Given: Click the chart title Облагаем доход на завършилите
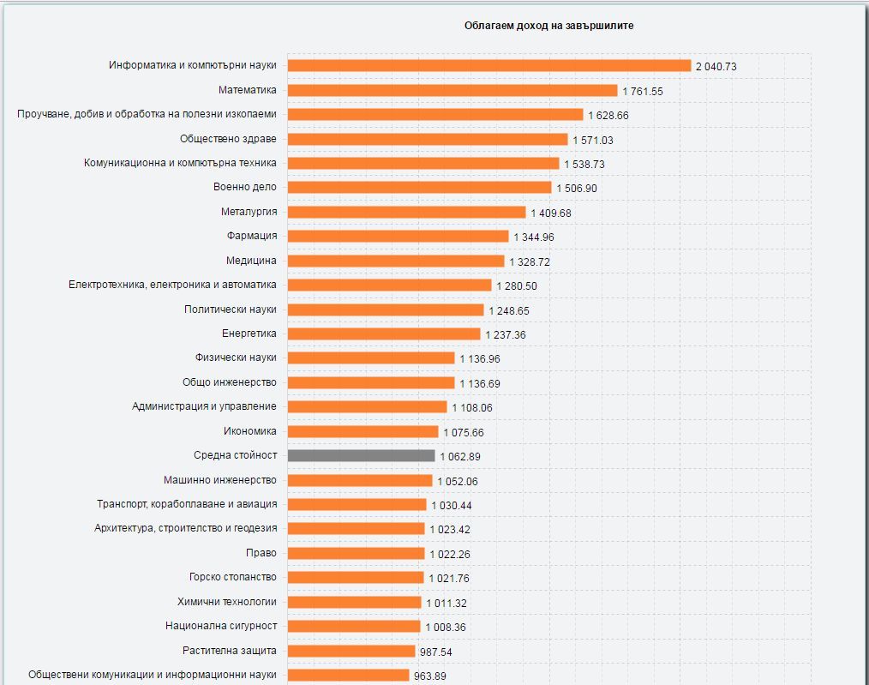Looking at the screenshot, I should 548,26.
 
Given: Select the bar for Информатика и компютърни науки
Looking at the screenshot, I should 489,65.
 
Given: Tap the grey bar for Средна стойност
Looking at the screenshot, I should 362,455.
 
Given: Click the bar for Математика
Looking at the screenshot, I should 452,90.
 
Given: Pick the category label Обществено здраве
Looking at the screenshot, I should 228,138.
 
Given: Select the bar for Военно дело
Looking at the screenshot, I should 420,187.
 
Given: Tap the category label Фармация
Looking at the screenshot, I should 252,236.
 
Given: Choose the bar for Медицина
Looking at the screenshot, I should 396,261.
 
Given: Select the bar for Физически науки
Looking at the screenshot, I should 371,358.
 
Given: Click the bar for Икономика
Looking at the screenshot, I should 363,431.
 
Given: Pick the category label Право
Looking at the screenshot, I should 262,553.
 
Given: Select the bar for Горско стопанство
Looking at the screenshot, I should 356,578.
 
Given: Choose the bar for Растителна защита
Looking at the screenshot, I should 352,651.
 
